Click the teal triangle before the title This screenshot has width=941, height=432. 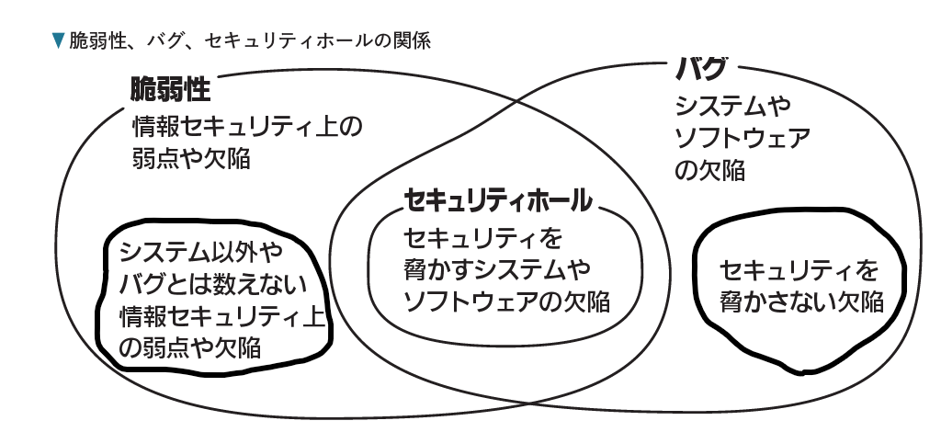coord(59,40)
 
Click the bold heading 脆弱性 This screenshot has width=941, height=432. coord(171,90)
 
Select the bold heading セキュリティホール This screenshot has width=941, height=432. coord(496,200)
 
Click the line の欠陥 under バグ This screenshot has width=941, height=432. coord(709,171)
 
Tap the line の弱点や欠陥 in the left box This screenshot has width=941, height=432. coord(190,347)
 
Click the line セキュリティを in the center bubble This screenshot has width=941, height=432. coord(482,239)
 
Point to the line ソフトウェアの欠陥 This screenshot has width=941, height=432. coord(507,301)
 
